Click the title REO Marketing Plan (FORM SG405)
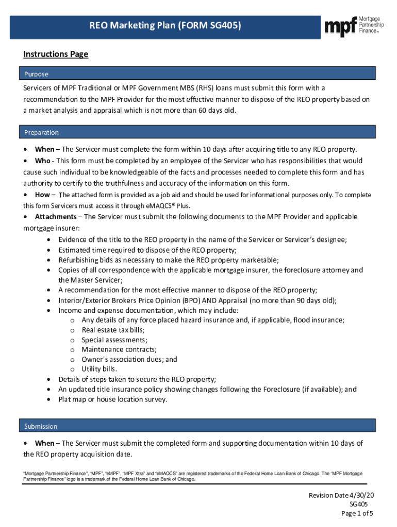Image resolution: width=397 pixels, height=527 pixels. pos(165,25)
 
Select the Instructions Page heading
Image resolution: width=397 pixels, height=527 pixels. pos(56,54)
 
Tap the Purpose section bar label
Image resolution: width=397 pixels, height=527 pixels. pos(36,74)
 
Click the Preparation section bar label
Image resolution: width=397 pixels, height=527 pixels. pos(41,133)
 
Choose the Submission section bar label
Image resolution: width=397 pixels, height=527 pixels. pos(41,427)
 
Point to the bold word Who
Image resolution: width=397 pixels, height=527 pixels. pos(43,161)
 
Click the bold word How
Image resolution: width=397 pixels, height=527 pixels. pos(42,195)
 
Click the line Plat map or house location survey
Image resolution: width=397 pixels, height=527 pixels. pos(112,399)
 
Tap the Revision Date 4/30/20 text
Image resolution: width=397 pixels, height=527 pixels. pos(341,495)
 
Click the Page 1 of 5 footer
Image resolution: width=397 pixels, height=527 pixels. pos(357,514)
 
